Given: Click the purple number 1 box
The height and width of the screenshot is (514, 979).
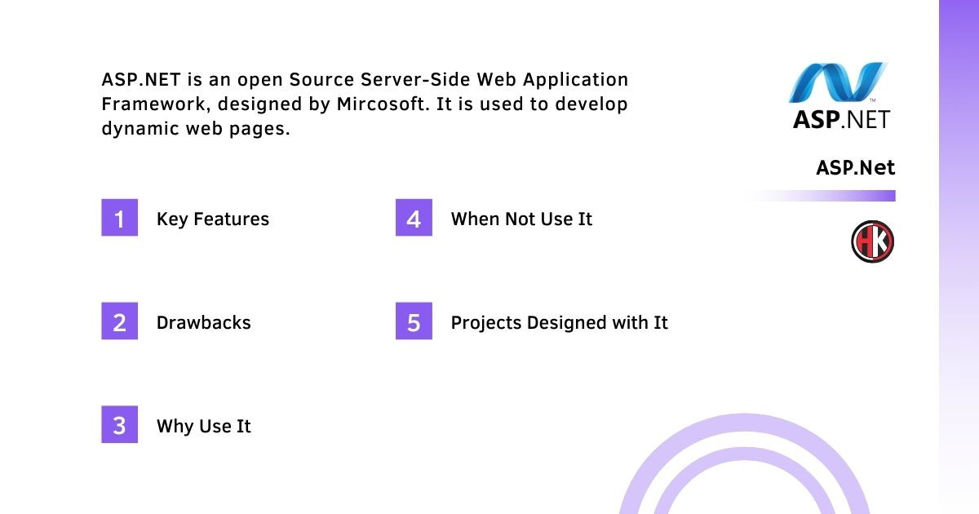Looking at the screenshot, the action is point(119,217).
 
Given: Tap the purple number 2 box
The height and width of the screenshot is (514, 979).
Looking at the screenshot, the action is point(119,321).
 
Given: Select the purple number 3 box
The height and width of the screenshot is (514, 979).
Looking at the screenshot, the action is point(119,424).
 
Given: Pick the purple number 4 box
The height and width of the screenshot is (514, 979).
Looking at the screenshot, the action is point(414,217).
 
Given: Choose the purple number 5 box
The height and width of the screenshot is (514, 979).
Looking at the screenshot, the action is point(414,321).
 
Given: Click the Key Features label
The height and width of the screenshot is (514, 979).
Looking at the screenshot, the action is point(213,219).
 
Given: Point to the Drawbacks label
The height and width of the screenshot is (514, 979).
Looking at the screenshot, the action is point(204,322).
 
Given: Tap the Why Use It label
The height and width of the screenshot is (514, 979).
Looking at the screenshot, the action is point(204,427).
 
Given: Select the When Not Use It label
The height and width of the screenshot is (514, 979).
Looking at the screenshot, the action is point(521,219).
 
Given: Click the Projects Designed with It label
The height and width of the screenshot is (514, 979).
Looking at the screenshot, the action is point(560,323).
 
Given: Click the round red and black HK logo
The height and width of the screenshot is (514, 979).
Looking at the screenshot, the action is point(872,241).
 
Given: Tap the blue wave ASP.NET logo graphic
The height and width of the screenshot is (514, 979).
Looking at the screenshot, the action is point(838,82).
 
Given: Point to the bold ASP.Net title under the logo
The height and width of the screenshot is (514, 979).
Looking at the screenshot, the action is point(855,167).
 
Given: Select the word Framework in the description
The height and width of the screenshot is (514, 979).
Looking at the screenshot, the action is point(154,104).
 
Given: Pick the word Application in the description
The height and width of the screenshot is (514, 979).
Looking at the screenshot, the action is point(576,81).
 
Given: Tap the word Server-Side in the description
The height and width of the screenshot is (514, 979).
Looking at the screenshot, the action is point(415,80).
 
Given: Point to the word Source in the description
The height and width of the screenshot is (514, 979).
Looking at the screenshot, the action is point(321,80).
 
